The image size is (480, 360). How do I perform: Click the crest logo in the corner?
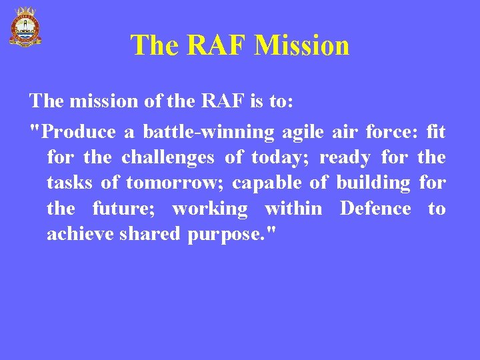click(25, 27)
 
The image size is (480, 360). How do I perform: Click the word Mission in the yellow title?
click(302, 45)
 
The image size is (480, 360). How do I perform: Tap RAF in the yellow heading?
click(217, 45)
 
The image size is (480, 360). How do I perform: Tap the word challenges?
click(168, 158)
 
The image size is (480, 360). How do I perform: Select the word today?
click(277, 158)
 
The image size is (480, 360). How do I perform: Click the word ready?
click(345, 158)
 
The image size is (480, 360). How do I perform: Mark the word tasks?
click(69, 183)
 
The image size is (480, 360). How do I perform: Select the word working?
click(210, 209)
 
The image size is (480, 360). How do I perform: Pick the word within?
click(293, 209)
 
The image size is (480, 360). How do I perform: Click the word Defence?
click(375, 209)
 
